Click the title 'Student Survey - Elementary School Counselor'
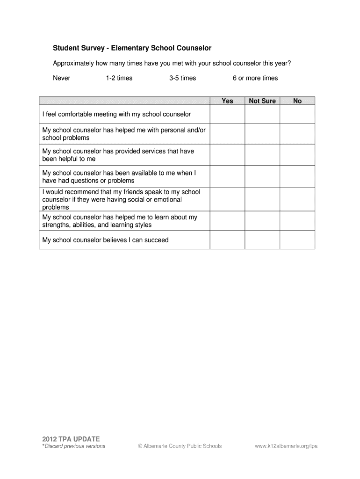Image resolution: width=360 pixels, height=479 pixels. click(132, 48)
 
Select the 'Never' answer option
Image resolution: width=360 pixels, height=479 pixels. click(61, 78)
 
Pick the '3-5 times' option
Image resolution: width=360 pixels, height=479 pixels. click(182, 78)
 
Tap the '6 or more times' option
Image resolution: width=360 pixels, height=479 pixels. click(255, 78)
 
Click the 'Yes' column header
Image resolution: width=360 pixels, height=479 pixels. click(227, 101)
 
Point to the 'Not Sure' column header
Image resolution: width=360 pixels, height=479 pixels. click(262, 101)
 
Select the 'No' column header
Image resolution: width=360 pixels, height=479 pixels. click(297, 101)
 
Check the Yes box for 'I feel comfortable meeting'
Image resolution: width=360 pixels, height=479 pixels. click(227, 114)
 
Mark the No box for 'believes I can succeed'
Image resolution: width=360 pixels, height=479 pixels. click(297, 240)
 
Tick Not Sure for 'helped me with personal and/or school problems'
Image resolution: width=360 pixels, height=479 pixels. click(262, 134)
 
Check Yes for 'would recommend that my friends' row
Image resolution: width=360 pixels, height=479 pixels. click(227, 200)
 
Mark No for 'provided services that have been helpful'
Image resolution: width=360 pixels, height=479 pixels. click(297, 155)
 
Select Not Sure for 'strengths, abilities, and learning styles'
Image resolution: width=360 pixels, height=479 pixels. click(262, 221)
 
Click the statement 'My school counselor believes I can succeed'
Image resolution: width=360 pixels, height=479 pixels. click(105, 240)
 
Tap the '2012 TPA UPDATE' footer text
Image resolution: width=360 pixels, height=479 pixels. click(71, 439)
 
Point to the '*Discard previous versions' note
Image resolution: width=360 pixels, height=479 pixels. click(74, 446)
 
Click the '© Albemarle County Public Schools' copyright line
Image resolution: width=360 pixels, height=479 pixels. click(180, 446)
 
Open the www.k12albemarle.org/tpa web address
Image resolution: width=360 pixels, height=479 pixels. click(286, 446)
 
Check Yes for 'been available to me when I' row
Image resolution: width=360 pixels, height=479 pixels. click(227, 177)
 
